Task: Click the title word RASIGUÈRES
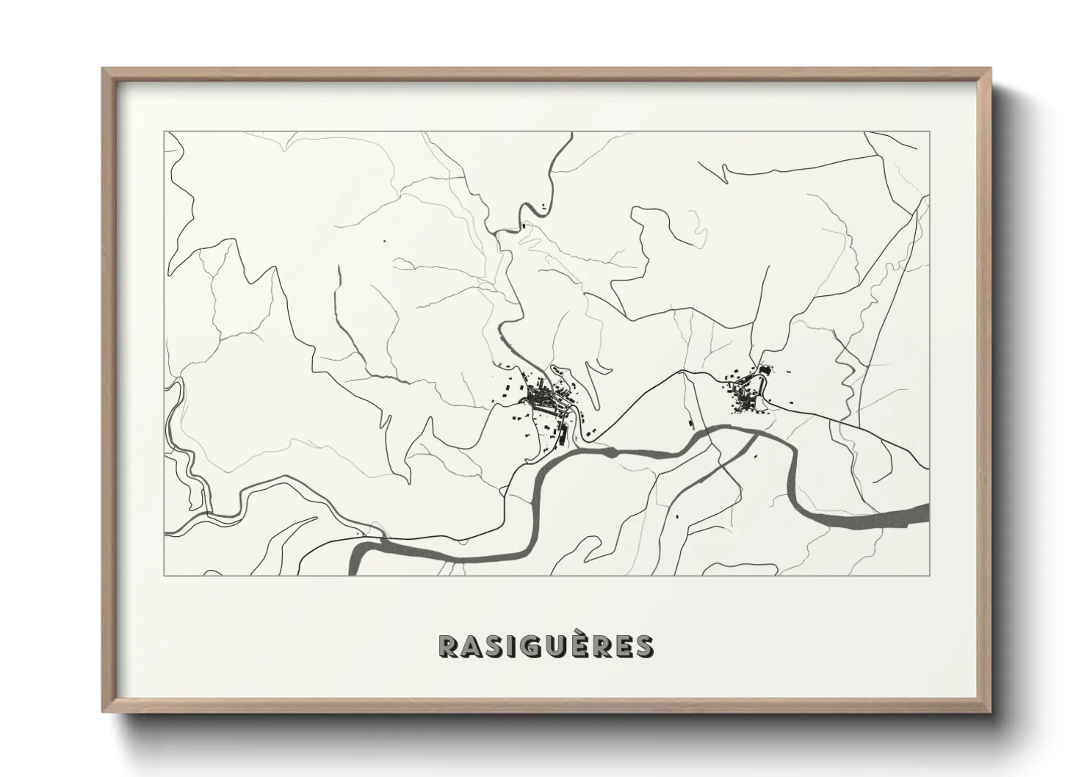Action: (x=545, y=646)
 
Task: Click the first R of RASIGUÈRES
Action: (x=449, y=646)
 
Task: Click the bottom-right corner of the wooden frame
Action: (x=991, y=711)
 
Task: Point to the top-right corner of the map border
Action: (x=929, y=131)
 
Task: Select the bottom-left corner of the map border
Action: (x=165, y=576)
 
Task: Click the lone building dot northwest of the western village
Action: (x=383, y=240)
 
